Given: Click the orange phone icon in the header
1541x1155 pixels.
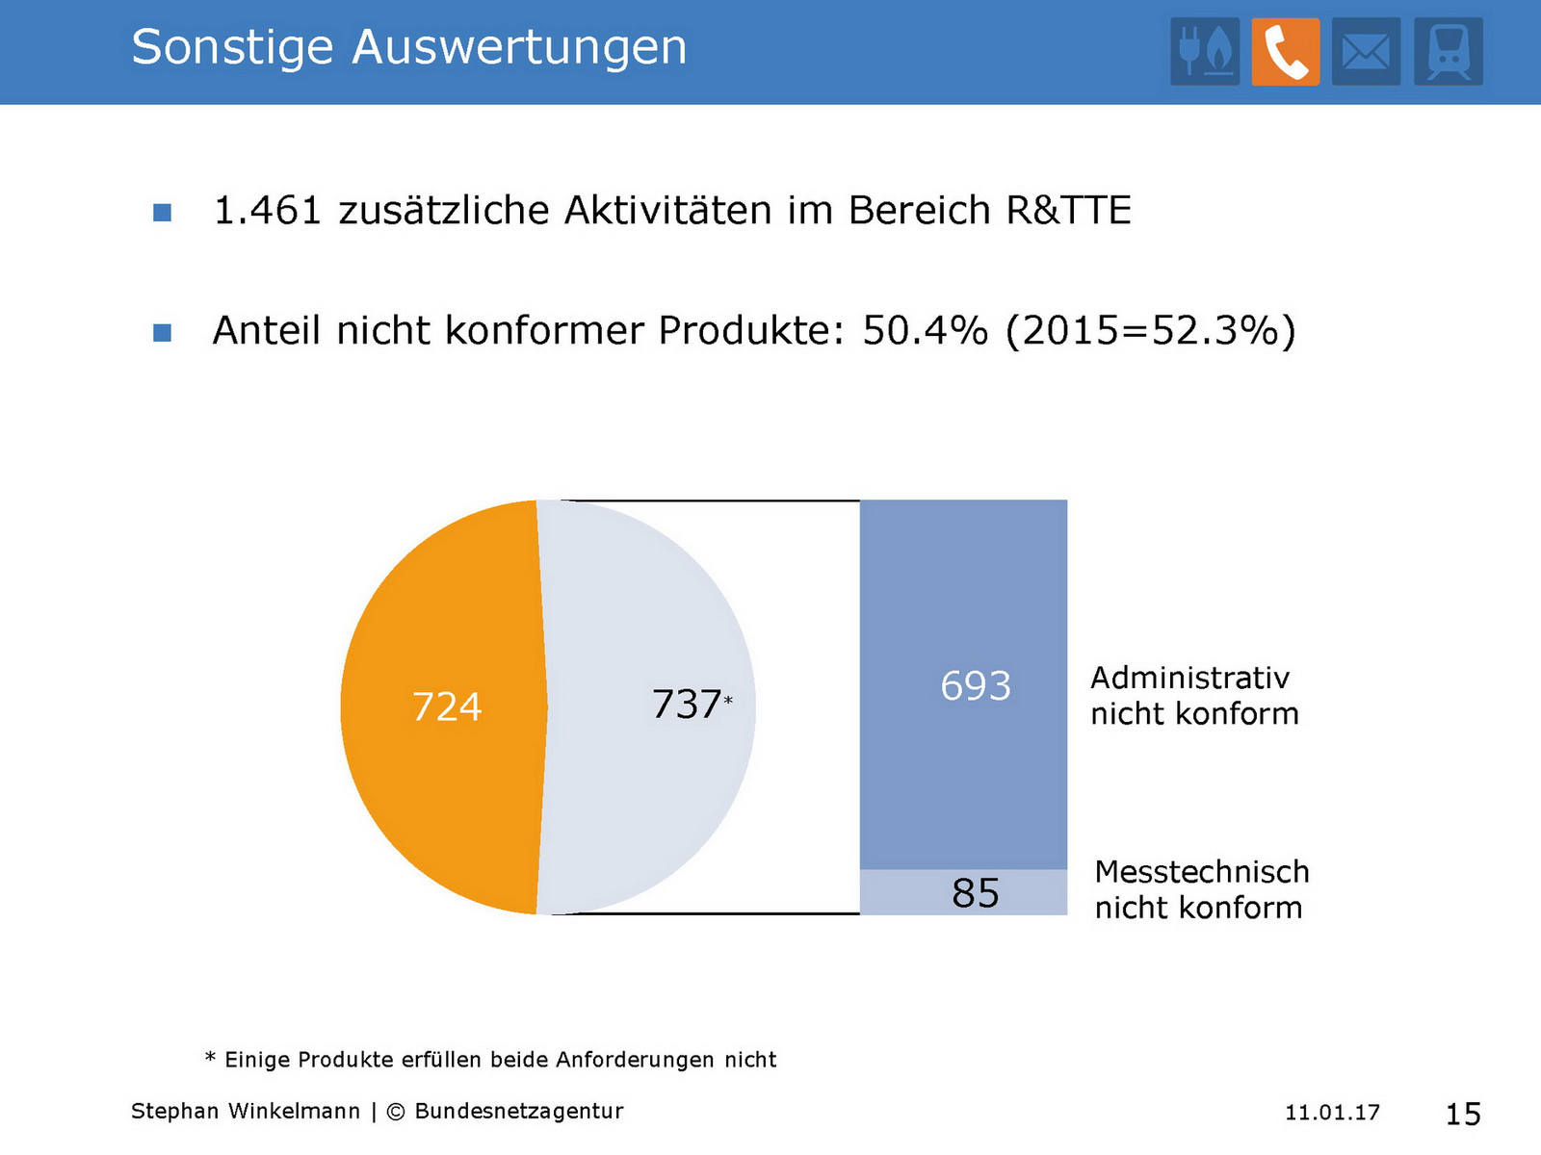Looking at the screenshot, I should tap(1285, 52).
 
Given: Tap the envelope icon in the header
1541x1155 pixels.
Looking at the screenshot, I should tap(1366, 52).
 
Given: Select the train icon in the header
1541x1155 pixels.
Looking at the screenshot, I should tap(1448, 52).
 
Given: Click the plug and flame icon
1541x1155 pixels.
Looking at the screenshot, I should tap(1205, 52).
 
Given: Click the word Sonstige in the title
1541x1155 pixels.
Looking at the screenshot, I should tap(232, 47).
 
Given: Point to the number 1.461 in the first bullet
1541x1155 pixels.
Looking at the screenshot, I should tap(267, 211).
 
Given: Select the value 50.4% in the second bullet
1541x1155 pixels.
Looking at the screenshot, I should tap(925, 330).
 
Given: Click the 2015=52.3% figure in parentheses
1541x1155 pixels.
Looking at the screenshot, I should tap(1151, 330).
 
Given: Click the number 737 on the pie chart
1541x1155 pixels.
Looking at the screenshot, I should tap(686, 705).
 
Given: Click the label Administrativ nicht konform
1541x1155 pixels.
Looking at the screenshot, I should tap(1194, 696).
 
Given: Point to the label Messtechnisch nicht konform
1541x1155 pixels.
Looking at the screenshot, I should tap(1201, 889).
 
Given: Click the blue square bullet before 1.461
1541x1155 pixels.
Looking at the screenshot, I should tap(163, 213).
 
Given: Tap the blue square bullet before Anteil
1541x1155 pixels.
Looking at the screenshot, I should tap(163, 333).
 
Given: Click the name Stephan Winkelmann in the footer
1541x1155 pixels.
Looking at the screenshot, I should tap(245, 1111).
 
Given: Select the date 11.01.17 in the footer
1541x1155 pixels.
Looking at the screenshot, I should tap(1332, 1113).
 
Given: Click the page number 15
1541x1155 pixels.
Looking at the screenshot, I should tap(1462, 1114).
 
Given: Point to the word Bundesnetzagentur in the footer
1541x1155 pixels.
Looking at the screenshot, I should tap(518, 1111).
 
